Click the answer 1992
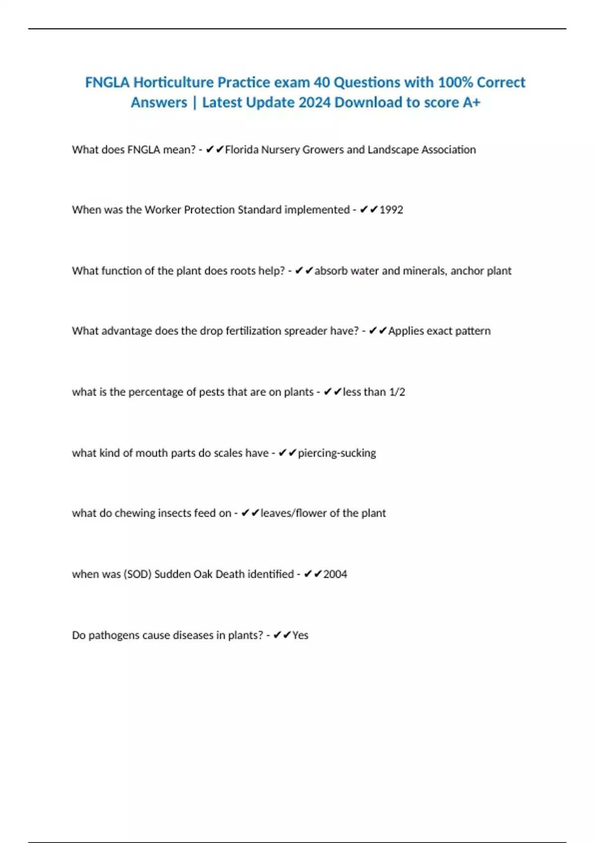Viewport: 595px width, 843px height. coord(391,210)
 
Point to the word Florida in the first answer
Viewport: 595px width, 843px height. coord(241,150)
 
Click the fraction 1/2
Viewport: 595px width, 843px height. coord(397,392)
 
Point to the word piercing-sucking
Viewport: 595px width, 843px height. coord(337,453)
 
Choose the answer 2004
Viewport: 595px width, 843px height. coord(335,574)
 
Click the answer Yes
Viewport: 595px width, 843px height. coord(300,635)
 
